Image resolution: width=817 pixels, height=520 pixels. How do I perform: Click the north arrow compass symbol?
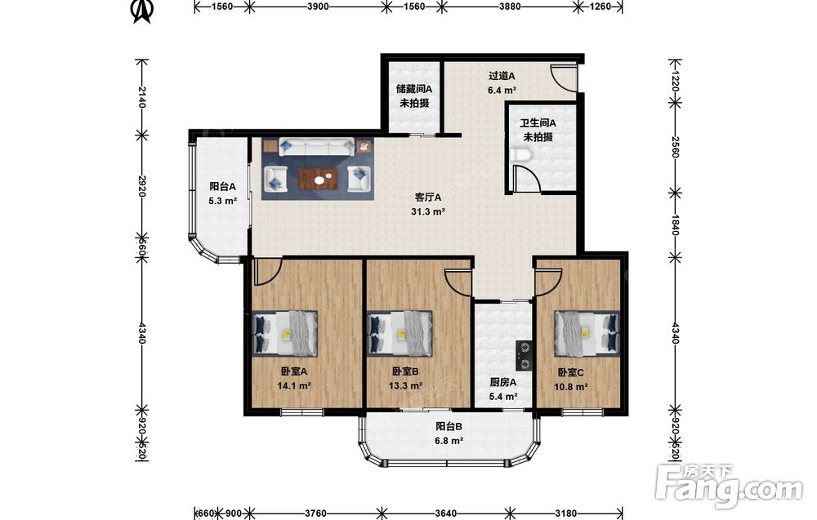[x=141, y=11]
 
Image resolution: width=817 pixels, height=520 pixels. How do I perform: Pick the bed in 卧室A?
[x=285, y=333]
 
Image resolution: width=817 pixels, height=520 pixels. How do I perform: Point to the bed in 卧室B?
[x=400, y=333]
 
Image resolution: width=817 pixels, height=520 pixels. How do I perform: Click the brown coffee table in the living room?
[x=319, y=179]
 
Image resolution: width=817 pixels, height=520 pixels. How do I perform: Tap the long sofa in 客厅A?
[x=317, y=146]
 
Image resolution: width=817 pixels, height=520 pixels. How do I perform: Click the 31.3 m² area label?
[x=428, y=212]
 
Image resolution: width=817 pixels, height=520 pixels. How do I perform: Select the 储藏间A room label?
[x=414, y=89]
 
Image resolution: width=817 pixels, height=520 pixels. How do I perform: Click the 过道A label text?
[x=502, y=75]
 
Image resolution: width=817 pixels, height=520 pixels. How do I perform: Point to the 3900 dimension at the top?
[x=318, y=7]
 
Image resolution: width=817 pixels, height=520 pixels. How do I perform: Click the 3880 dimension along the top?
[x=510, y=7]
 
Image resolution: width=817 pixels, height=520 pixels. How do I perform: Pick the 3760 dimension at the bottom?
[x=315, y=513]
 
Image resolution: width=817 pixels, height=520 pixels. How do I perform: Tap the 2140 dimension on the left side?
[x=141, y=97]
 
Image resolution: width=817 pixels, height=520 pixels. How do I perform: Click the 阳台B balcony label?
[x=449, y=427]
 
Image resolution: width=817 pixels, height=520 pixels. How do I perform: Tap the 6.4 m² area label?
[x=502, y=90]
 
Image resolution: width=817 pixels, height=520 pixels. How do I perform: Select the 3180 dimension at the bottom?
[x=565, y=513]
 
